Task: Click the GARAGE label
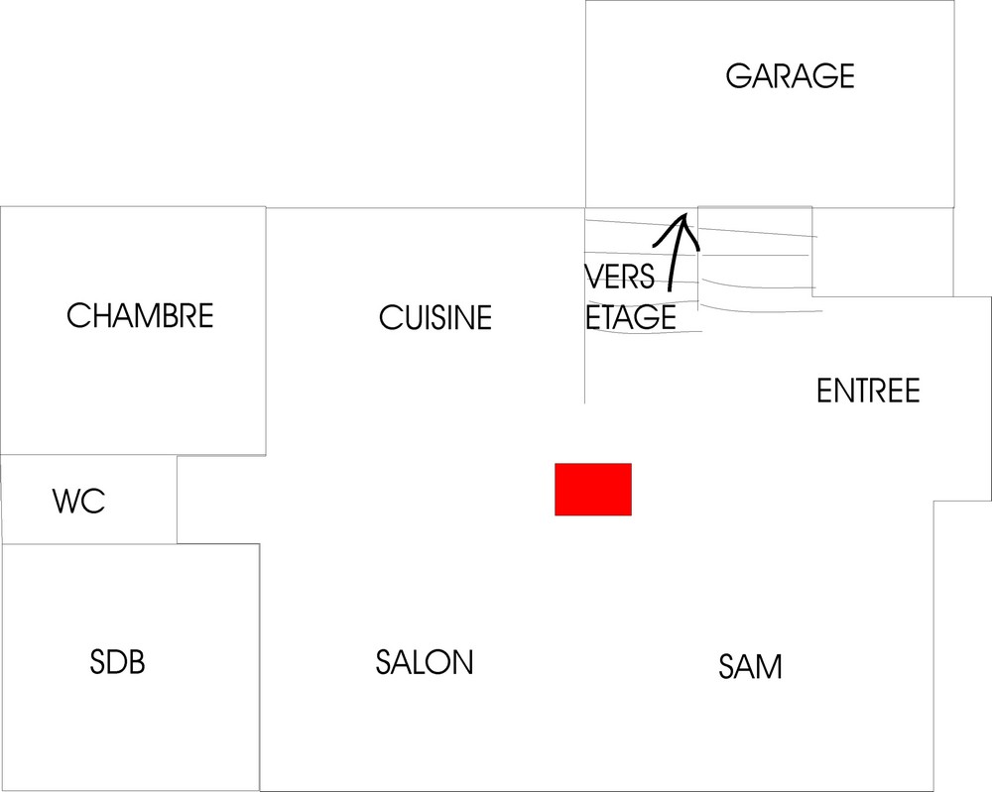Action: click(x=790, y=76)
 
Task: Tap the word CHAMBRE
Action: click(x=140, y=316)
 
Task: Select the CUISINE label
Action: click(x=435, y=318)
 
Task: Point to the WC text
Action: click(x=78, y=502)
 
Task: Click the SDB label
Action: click(x=117, y=662)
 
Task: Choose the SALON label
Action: click(x=425, y=662)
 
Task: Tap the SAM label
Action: click(x=750, y=667)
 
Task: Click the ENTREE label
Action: click(x=868, y=392)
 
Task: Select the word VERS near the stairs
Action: click(x=620, y=277)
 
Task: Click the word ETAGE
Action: click(x=632, y=318)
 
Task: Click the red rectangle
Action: click(x=592, y=490)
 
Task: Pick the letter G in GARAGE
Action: click(x=737, y=76)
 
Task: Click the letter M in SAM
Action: click(x=770, y=667)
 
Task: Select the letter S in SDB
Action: click(x=97, y=662)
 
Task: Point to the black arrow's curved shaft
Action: click(x=675, y=263)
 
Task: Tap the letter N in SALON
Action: click(x=463, y=662)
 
